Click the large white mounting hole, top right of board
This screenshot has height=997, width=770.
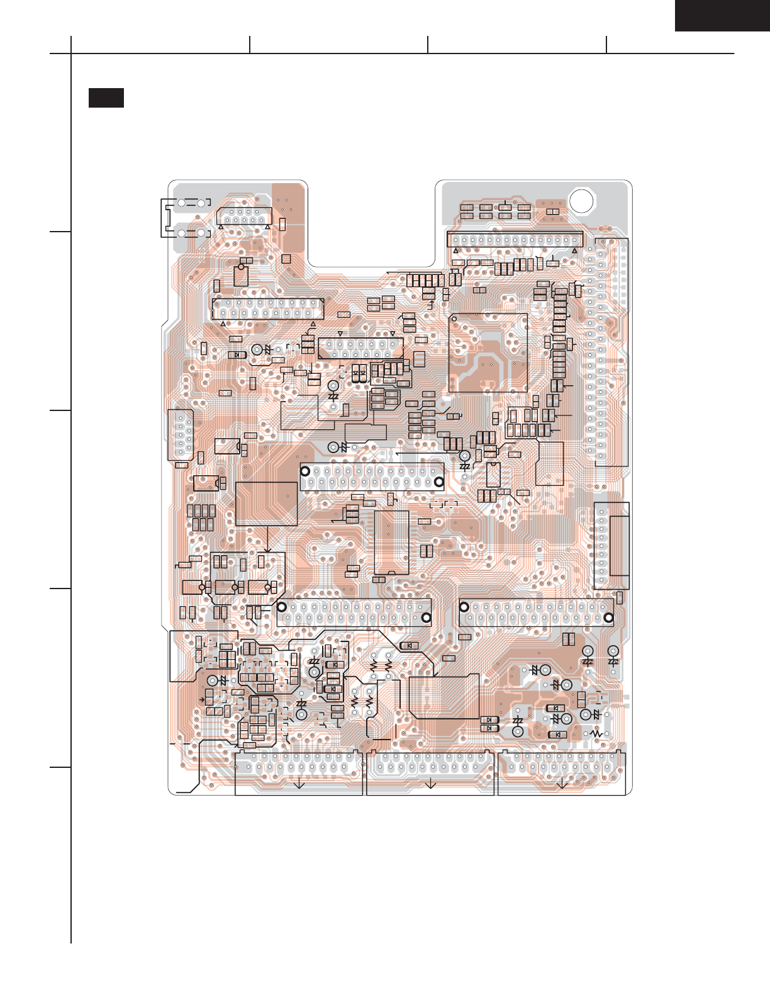point(581,200)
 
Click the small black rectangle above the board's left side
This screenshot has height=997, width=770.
point(106,98)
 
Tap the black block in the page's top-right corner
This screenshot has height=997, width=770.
point(722,15)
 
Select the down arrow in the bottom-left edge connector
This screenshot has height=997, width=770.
point(299,784)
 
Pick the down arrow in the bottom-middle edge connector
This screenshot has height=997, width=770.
point(431,784)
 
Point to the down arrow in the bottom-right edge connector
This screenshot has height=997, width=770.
point(562,784)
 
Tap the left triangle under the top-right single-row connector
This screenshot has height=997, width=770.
point(456,251)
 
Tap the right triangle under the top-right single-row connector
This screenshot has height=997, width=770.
point(574,251)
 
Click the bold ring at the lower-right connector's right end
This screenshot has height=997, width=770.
point(608,617)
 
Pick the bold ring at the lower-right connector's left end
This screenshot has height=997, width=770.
point(464,607)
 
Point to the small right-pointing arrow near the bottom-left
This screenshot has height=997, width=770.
point(202,699)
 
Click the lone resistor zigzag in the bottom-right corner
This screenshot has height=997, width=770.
point(596,734)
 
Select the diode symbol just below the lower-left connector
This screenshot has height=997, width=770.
point(410,645)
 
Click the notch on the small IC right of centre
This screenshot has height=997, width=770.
point(493,465)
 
